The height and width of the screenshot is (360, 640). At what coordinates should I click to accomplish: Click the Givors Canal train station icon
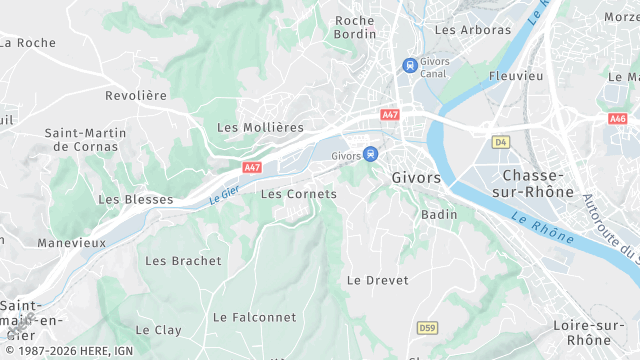(x=409, y=65)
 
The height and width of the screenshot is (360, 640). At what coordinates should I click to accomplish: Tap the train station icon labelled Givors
(x=371, y=154)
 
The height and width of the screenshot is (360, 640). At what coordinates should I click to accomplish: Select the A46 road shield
(x=617, y=118)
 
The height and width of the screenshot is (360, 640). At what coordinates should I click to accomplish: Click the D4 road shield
(x=501, y=142)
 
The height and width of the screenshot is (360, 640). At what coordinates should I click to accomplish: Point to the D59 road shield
(x=427, y=327)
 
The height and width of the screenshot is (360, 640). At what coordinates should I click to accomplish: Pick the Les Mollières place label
(x=260, y=127)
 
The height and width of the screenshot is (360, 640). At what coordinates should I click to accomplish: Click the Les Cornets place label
(x=298, y=193)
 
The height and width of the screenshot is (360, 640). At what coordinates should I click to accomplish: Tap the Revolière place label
(x=136, y=95)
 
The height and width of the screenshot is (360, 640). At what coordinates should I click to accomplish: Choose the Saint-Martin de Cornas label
(x=85, y=140)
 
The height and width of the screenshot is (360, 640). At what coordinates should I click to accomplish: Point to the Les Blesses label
(x=135, y=199)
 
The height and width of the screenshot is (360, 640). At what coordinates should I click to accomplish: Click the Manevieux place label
(x=72, y=243)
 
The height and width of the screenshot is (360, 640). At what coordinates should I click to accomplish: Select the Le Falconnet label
(x=254, y=317)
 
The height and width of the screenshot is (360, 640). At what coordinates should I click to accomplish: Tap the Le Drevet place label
(x=377, y=280)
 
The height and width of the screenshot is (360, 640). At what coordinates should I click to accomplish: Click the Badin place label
(x=440, y=214)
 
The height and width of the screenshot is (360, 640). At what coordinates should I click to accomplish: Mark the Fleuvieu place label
(x=516, y=76)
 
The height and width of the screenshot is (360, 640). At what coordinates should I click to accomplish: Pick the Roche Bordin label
(x=355, y=27)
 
